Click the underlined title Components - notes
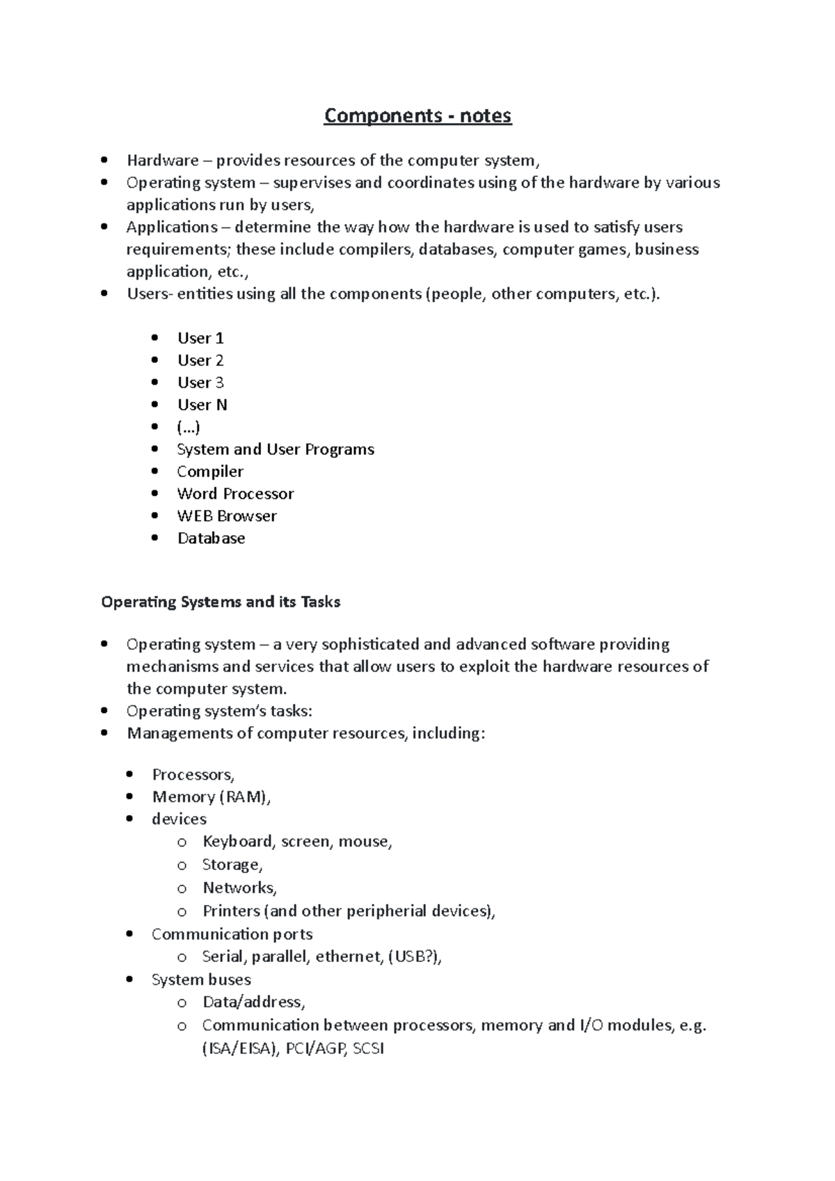[417, 115]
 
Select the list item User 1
[200, 338]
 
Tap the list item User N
[202, 405]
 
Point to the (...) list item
[189, 427]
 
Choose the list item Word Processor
[235, 494]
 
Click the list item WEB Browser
[227, 516]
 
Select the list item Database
[211, 538]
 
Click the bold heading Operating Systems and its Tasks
[221, 602]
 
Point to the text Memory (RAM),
[211, 797]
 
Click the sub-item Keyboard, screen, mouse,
[297, 842]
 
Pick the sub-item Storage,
[232, 865]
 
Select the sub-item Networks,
[239, 888]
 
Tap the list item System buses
[201, 980]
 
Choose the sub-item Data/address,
[253, 1002]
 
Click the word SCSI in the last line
[368, 1049]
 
